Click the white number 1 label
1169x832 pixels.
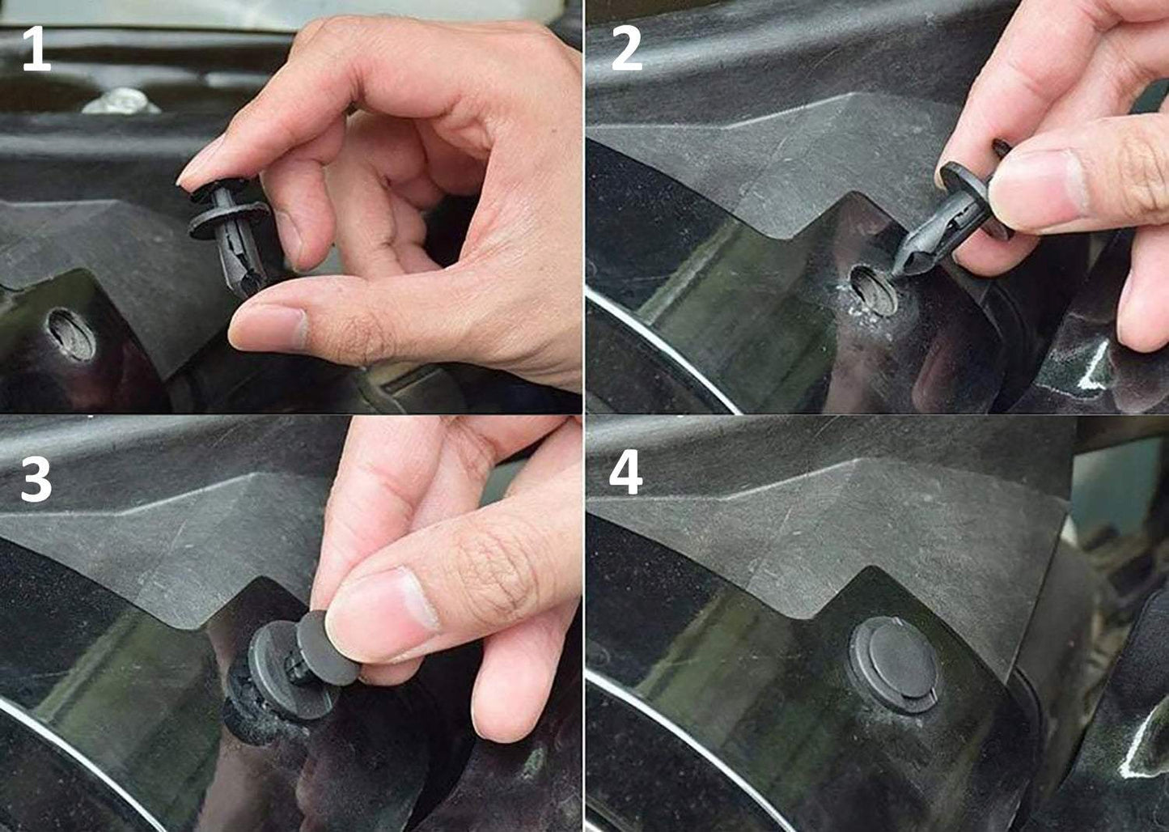click(36, 50)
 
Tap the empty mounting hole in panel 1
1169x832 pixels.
click(71, 333)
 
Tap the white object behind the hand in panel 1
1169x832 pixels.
click(121, 100)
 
